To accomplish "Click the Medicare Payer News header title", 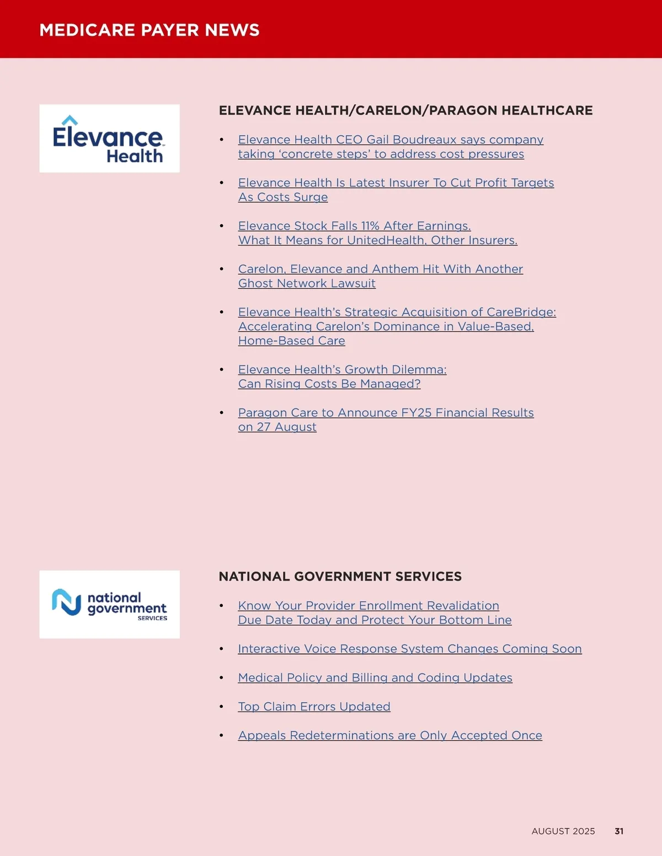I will (x=149, y=30).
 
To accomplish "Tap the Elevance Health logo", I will (x=109, y=139).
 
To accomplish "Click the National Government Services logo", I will (x=109, y=605).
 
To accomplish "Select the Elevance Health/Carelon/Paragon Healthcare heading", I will (x=405, y=110).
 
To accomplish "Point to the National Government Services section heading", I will (x=340, y=577).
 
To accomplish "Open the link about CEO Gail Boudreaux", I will (x=391, y=140).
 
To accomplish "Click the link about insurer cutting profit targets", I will (x=396, y=183).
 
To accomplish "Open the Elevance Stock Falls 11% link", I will (x=354, y=226).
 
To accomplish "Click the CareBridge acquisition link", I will (x=397, y=312).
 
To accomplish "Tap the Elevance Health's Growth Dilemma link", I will (x=342, y=370).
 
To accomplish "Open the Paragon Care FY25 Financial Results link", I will (x=386, y=413).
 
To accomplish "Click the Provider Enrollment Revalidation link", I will (x=369, y=606).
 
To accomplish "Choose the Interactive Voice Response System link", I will (x=409, y=649).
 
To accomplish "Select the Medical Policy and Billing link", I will (x=375, y=677).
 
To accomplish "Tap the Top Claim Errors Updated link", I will (x=314, y=707).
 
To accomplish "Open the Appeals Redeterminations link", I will (x=390, y=735).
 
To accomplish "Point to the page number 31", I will (x=619, y=831).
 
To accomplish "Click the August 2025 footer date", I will (x=563, y=831).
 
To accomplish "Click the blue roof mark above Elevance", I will (x=70, y=120).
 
